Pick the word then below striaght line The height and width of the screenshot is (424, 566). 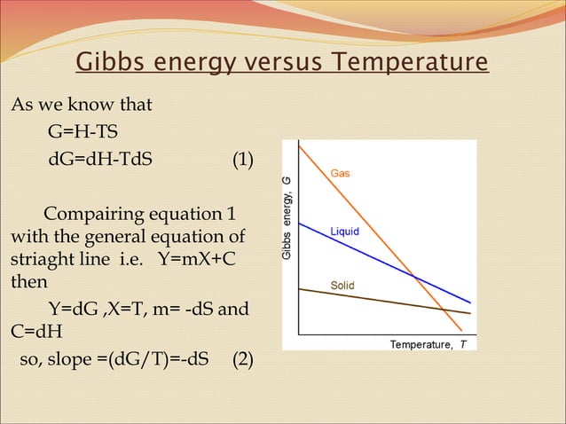coord(28,285)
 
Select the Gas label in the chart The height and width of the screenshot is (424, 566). coord(341,173)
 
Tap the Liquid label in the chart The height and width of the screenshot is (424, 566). coord(344,232)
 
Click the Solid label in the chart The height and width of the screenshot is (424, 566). coord(342,286)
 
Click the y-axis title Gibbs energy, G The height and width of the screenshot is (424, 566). coord(287,219)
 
